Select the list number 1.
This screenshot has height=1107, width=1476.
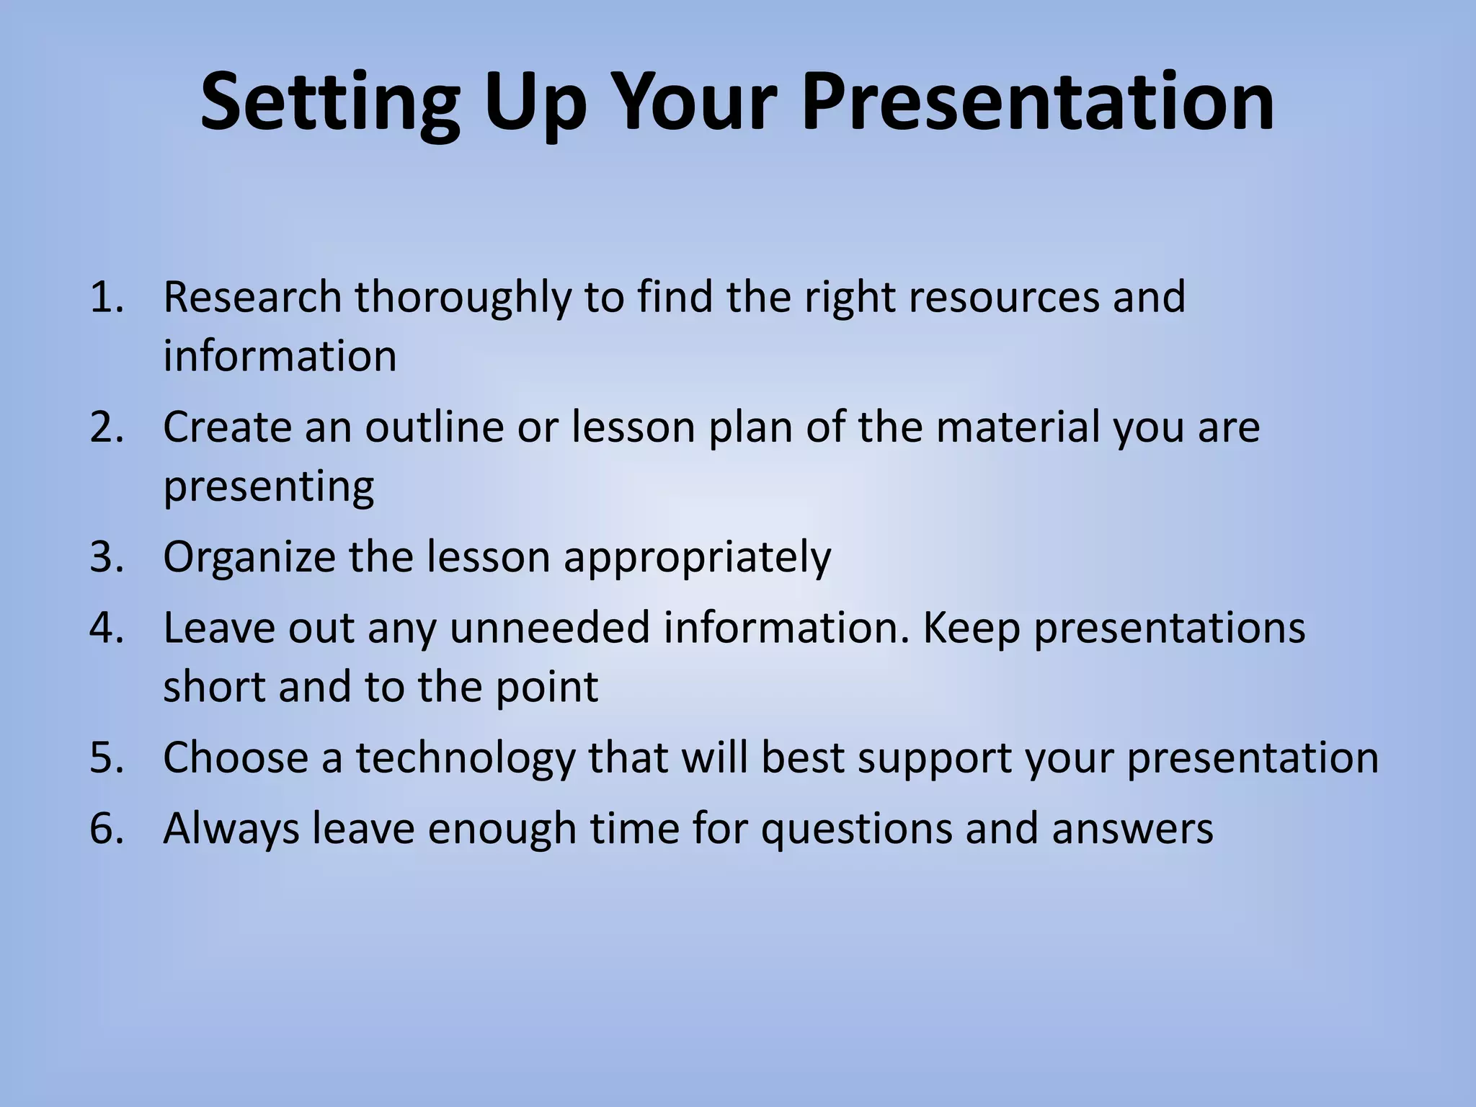(x=107, y=297)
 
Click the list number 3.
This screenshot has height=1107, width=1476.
(x=107, y=557)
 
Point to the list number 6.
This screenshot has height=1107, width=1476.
(x=107, y=828)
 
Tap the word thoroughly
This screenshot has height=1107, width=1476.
(x=462, y=297)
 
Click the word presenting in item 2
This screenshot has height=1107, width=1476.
(x=268, y=487)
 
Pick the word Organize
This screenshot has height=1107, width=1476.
(x=249, y=557)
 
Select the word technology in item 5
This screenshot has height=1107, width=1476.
(x=465, y=758)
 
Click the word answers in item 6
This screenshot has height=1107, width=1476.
(x=1132, y=830)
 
